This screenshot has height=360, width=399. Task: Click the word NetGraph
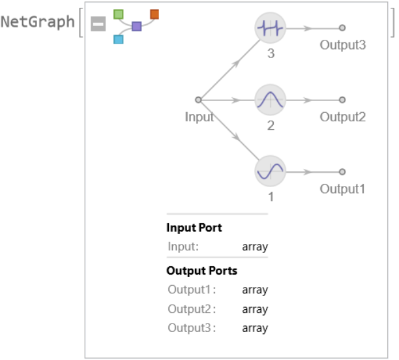pyautogui.click(x=38, y=22)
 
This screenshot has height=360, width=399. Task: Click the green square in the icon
pyautogui.click(x=118, y=14)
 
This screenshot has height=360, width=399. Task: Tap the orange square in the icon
pyautogui.click(x=155, y=14)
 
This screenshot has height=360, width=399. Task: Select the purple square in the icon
pyautogui.click(x=137, y=27)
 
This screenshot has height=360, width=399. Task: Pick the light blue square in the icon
pyautogui.click(x=118, y=39)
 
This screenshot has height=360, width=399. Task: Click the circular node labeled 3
pyautogui.click(x=270, y=28)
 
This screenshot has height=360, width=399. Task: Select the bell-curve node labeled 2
pyautogui.click(x=270, y=100)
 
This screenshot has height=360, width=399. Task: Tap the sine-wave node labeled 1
pyautogui.click(x=270, y=172)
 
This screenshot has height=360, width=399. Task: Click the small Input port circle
pyautogui.click(x=198, y=100)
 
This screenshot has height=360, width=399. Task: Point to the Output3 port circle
pyautogui.click(x=342, y=28)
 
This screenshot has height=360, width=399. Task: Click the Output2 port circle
pyautogui.click(x=342, y=100)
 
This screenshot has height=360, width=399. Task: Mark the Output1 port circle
pyautogui.click(x=342, y=172)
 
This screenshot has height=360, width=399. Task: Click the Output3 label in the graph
pyautogui.click(x=342, y=46)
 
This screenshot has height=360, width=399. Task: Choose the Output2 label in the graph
pyautogui.click(x=342, y=117)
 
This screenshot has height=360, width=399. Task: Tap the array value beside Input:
pyautogui.click(x=255, y=247)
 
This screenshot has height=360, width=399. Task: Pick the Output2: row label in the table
pyautogui.click(x=192, y=309)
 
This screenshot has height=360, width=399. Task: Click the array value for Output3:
pyautogui.click(x=255, y=328)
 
